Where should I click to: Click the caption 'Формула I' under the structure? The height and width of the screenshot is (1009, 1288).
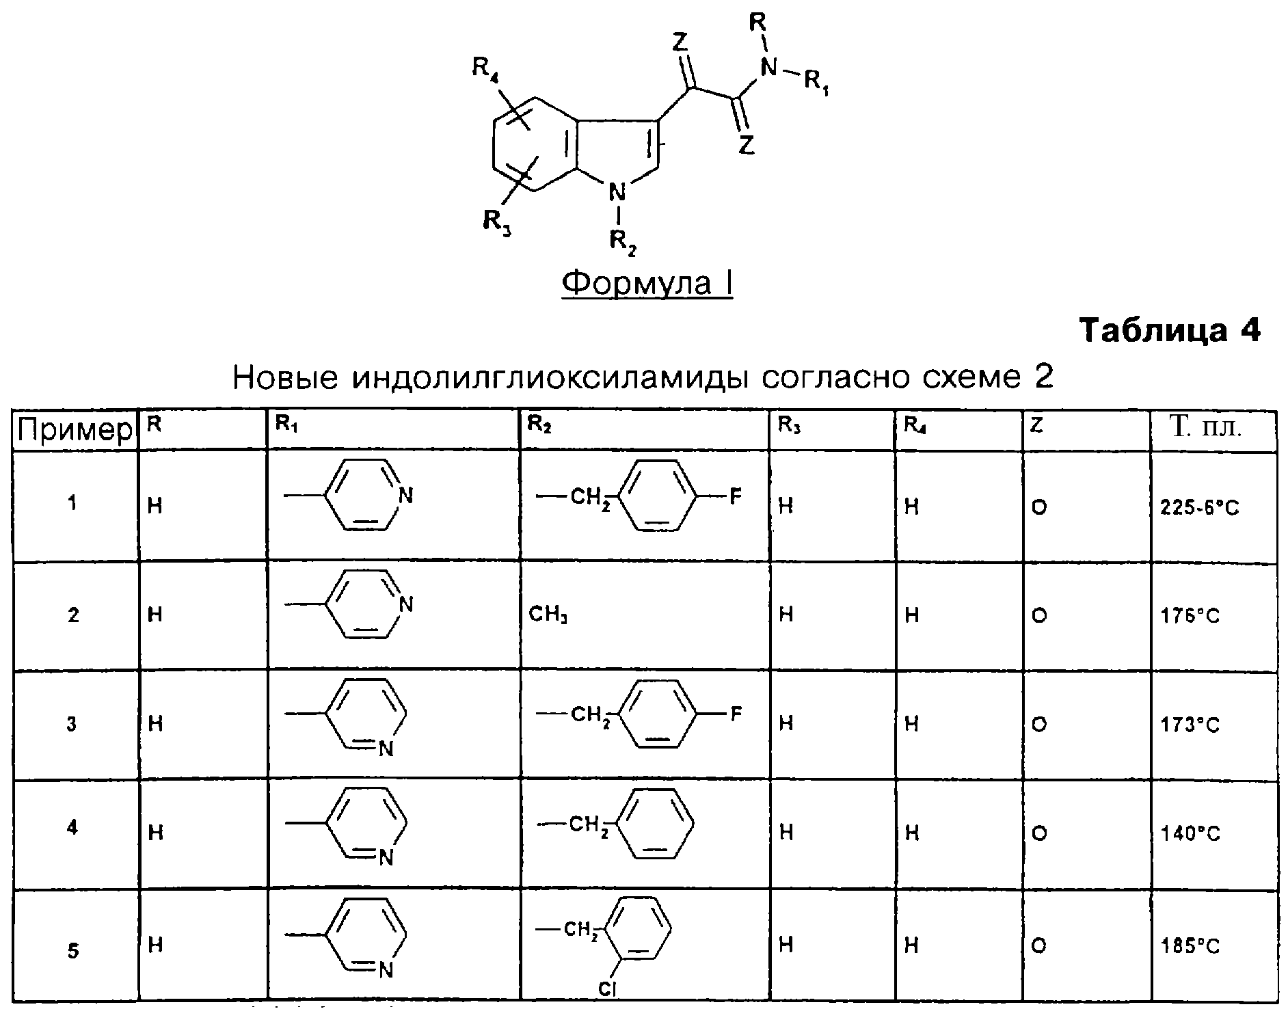(x=647, y=282)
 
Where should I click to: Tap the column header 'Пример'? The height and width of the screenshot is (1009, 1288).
(x=75, y=430)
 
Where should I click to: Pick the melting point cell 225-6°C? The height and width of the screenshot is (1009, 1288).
(x=1200, y=508)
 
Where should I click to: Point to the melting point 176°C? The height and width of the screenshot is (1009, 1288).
(x=1190, y=616)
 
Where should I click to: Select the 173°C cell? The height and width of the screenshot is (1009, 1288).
(x=1190, y=725)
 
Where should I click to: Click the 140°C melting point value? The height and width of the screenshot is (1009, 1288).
(x=1190, y=833)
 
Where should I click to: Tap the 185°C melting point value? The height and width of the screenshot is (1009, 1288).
(x=1190, y=947)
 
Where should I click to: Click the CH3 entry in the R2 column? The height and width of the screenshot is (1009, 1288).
(x=548, y=615)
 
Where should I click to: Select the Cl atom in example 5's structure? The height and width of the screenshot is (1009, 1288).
(x=606, y=988)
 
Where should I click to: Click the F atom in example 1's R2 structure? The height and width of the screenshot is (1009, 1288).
(x=735, y=495)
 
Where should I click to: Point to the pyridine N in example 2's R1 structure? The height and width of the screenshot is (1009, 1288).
(x=406, y=604)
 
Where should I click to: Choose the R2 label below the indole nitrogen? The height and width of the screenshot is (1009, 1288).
(x=622, y=242)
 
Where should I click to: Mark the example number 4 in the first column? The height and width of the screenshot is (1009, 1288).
(x=72, y=828)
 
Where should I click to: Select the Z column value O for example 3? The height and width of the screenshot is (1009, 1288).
(x=1038, y=725)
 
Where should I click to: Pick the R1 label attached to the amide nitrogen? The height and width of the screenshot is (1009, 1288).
(x=816, y=84)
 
